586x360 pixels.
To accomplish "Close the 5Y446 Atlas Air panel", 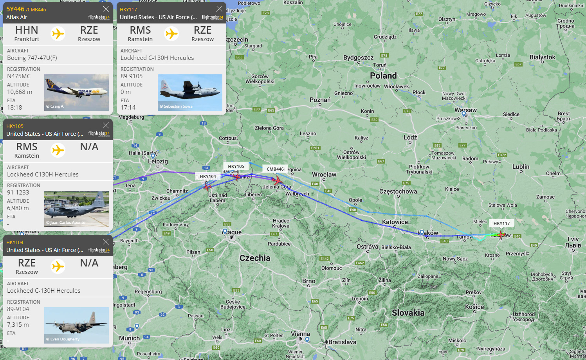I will click(106, 9).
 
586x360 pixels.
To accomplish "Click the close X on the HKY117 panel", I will click(219, 9).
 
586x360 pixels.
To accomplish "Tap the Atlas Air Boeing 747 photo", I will click(76, 92).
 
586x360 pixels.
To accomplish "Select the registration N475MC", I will click(19, 76).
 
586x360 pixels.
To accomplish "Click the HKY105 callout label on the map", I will click(236, 166).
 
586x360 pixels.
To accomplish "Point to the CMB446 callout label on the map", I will click(275, 169).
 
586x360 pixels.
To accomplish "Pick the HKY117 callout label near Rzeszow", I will click(501, 223).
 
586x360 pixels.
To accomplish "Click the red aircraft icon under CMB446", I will click(277, 181).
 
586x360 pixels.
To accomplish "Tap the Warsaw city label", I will click(465, 110).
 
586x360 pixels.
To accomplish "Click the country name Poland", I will click(383, 76).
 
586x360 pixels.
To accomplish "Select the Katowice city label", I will click(395, 222).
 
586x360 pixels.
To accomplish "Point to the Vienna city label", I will click(300, 334).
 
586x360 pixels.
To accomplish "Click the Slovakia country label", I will click(408, 313).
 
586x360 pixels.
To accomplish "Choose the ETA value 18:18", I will click(14, 108).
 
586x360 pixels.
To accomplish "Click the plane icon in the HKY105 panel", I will click(58, 150).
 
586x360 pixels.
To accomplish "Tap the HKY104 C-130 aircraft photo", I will click(76, 325).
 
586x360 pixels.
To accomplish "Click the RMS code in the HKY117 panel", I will click(140, 30).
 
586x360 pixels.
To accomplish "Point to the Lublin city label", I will click(521, 167).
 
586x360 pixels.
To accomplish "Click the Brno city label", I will click(308, 281).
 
